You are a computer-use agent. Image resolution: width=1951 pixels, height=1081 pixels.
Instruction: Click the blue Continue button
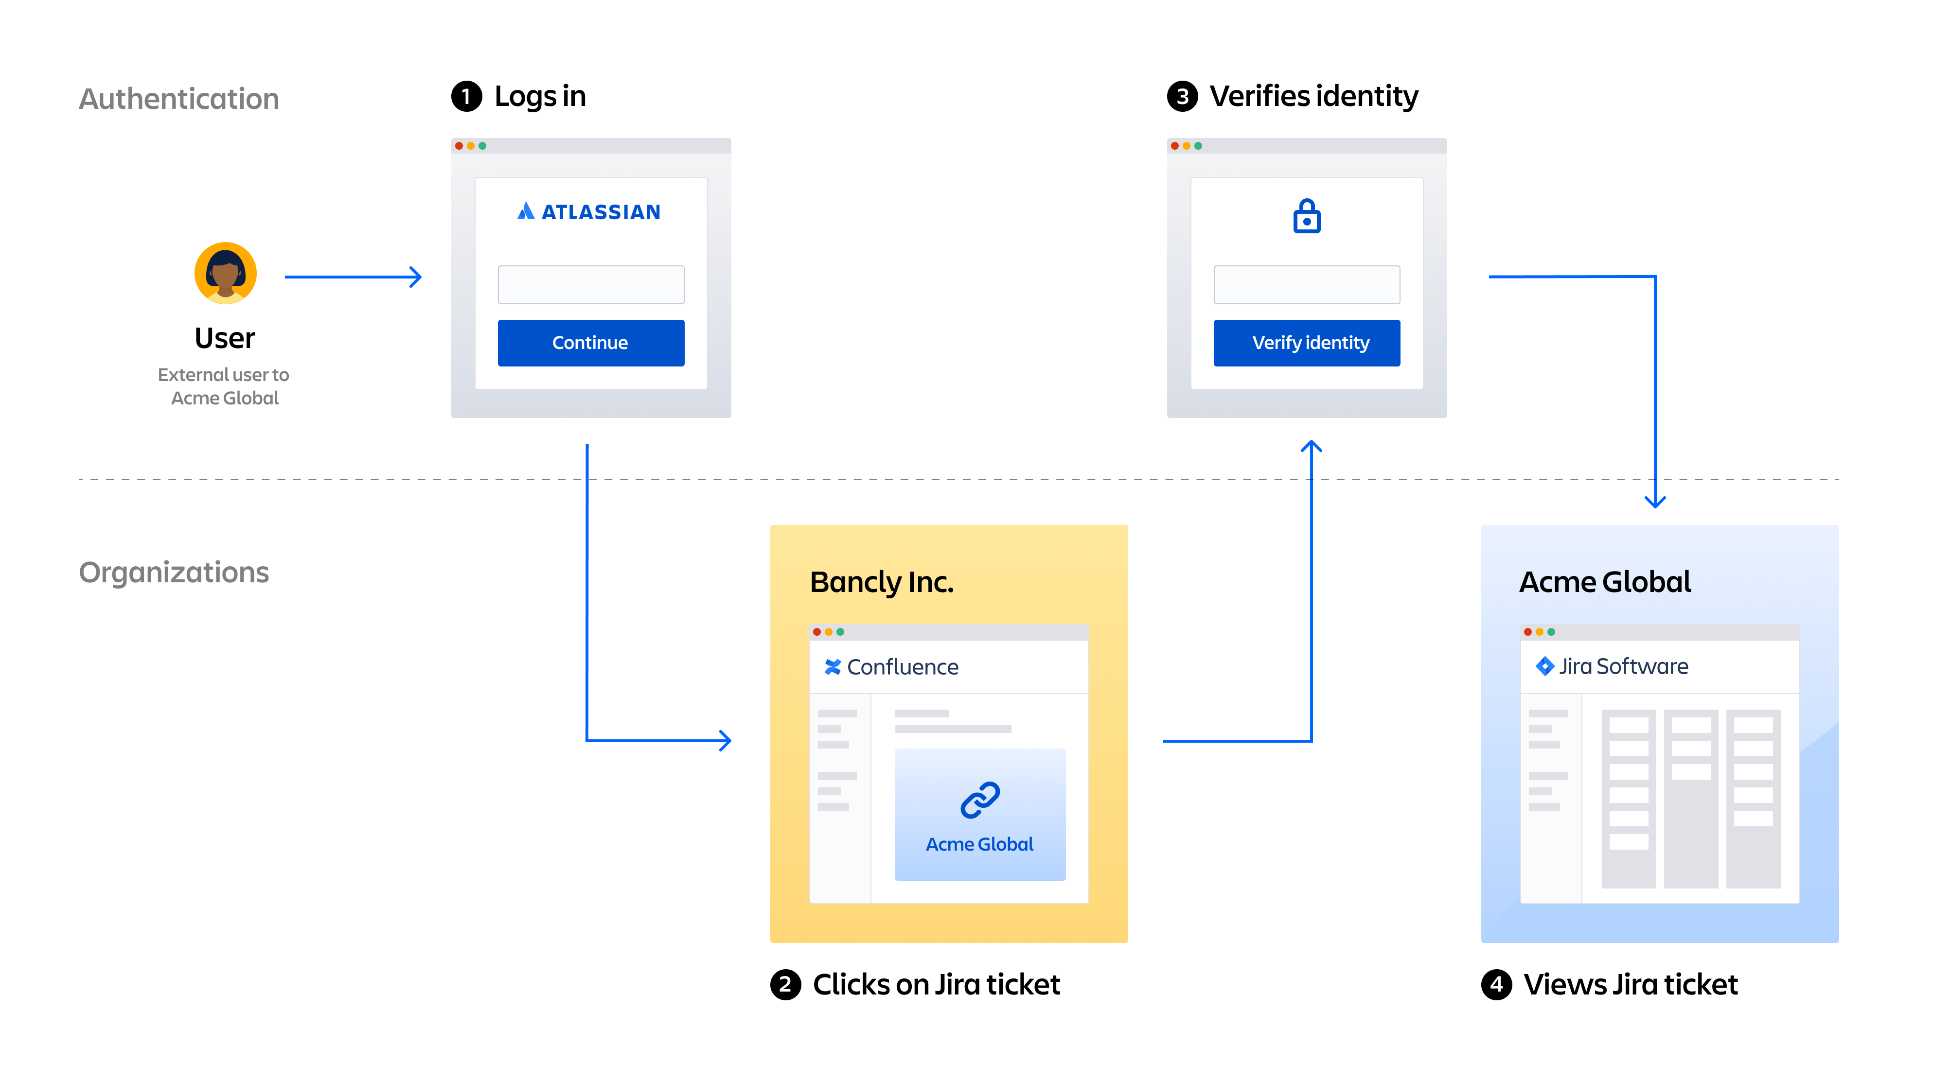(x=591, y=343)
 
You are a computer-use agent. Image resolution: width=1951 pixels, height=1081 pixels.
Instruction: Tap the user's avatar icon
(x=226, y=273)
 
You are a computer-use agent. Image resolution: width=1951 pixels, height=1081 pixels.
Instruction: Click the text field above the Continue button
(x=591, y=285)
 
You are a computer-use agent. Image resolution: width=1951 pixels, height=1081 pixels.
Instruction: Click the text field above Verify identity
(x=1307, y=285)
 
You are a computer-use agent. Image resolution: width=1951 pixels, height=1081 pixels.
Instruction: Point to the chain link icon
(x=980, y=800)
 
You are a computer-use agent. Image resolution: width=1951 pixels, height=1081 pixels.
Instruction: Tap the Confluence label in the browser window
(x=902, y=667)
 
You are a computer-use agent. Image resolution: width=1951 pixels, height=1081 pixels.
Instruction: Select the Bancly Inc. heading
(x=882, y=582)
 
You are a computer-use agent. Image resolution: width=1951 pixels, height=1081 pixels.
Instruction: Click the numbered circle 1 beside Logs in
(x=466, y=97)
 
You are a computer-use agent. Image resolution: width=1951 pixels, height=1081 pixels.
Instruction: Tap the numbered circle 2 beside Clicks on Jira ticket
(x=785, y=985)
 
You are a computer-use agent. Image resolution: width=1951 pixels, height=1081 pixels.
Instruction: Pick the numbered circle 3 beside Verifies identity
(x=1182, y=97)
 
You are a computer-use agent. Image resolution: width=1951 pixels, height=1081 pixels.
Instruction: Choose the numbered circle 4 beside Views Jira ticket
(x=1497, y=985)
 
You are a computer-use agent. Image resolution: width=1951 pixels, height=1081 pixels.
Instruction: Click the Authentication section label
(x=179, y=99)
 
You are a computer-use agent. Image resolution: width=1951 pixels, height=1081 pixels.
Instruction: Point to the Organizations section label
(x=174, y=572)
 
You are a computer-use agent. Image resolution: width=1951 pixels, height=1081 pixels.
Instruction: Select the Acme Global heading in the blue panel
(x=1605, y=582)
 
